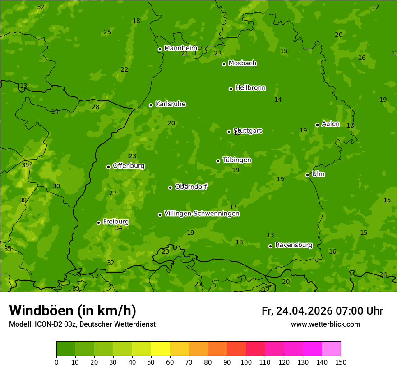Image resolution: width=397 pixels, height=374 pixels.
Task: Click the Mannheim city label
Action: pos(180,48)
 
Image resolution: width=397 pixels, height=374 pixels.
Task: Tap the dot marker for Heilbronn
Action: pos(231,89)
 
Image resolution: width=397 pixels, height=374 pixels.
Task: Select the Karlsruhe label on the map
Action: pos(170,104)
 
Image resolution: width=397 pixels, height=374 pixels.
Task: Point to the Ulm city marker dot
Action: pos(308,175)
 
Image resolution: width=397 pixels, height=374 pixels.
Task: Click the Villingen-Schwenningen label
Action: pos(202,214)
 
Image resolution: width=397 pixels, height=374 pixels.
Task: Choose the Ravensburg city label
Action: pos(293,245)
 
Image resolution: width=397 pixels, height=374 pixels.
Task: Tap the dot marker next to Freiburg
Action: pos(98,223)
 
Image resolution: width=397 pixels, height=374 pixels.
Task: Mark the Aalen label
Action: pos(330,124)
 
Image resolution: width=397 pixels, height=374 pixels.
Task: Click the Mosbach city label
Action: pos(242,63)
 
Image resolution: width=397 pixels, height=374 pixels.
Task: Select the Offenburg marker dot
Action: pos(108,167)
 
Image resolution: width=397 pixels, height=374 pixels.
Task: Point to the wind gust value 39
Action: pos(25,165)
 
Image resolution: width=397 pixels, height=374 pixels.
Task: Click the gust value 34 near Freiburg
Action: pos(119,228)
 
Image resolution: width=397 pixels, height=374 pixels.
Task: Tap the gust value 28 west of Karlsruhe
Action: pos(95,107)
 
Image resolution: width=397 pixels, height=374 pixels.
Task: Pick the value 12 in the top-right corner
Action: pos(375,7)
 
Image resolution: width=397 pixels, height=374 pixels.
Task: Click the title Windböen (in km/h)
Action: pos(73,310)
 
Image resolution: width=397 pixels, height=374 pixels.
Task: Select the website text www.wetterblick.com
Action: pos(325,324)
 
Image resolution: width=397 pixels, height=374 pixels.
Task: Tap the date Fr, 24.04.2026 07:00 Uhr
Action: pos(322,311)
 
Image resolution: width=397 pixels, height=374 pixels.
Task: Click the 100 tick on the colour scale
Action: pos(246,362)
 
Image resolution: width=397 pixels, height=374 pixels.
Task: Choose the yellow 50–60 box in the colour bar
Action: pos(161,349)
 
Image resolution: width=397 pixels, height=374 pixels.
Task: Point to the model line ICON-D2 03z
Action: pos(82,324)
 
